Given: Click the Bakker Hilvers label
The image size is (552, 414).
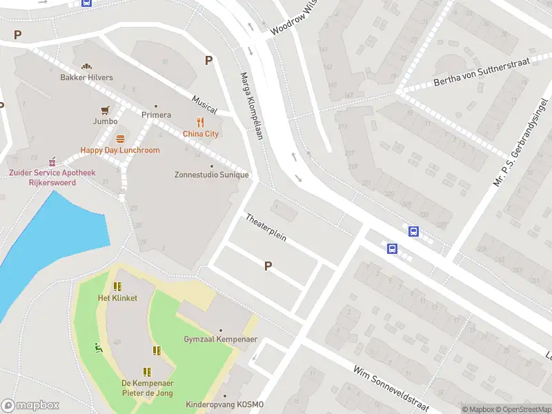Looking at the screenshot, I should click(x=87, y=77).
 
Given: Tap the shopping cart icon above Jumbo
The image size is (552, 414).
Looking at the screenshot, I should click(x=105, y=110).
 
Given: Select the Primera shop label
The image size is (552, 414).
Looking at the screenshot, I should click(x=156, y=115).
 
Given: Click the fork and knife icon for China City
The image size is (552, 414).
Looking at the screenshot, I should click(x=201, y=123).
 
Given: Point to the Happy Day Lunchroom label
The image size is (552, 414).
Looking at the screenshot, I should click(x=120, y=150).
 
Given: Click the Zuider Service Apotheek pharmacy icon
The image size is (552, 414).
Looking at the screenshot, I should click(x=51, y=160).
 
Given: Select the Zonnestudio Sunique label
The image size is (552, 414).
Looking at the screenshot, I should click(x=211, y=175).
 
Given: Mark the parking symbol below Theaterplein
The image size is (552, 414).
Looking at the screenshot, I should click(x=268, y=266).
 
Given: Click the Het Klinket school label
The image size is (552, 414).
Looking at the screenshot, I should click(x=117, y=298).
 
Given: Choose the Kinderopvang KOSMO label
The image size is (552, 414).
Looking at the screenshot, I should click(x=224, y=404).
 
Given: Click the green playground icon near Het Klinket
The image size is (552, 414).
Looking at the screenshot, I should click(x=99, y=348).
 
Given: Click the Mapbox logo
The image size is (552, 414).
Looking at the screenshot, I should click(x=30, y=406).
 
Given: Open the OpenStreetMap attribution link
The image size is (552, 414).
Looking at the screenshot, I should click(x=522, y=409).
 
